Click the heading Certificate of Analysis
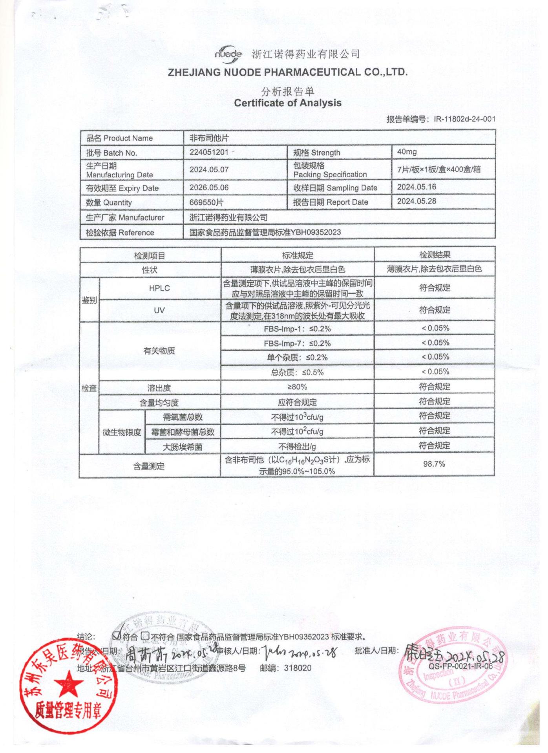click(x=287, y=103)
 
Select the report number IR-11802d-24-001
click(x=464, y=119)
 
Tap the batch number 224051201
click(x=208, y=152)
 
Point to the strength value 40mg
click(x=407, y=152)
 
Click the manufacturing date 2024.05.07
click(x=209, y=169)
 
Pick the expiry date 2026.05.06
click(x=209, y=187)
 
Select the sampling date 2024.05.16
click(x=416, y=187)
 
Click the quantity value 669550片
click(x=206, y=202)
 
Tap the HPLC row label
click(x=159, y=288)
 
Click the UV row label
click(x=159, y=311)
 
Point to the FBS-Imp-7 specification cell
click(x=297, y=344)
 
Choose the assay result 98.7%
click(x=434, y=464)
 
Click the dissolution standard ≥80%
click(x=297, y=387)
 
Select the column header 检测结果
click(x=435, y=255)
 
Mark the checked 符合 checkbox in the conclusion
click(x=116, y=636)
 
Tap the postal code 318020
click(x=297, y=668)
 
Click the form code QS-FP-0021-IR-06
click(x=460, y=666)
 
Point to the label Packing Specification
click(x=330, y=175)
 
